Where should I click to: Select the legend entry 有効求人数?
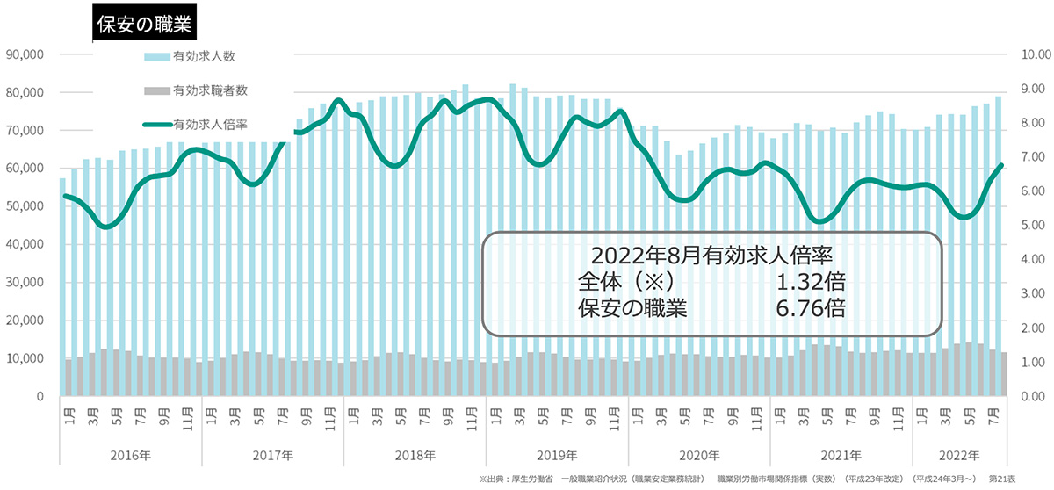click(x=204, y=56)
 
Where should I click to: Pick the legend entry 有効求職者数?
click(x=210, y=90)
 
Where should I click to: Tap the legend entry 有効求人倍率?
click(x=210, y=124)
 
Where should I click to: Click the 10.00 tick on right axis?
click(x=1029, y=54)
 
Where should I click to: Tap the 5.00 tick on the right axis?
click(x=1029, y=226)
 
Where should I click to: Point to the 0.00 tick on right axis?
click(x=1029, y=397)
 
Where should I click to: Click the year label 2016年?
click(x=131, y=454)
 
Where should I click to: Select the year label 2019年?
click(x=557, y=454)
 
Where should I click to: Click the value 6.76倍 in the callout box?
click(x=811, y=307)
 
